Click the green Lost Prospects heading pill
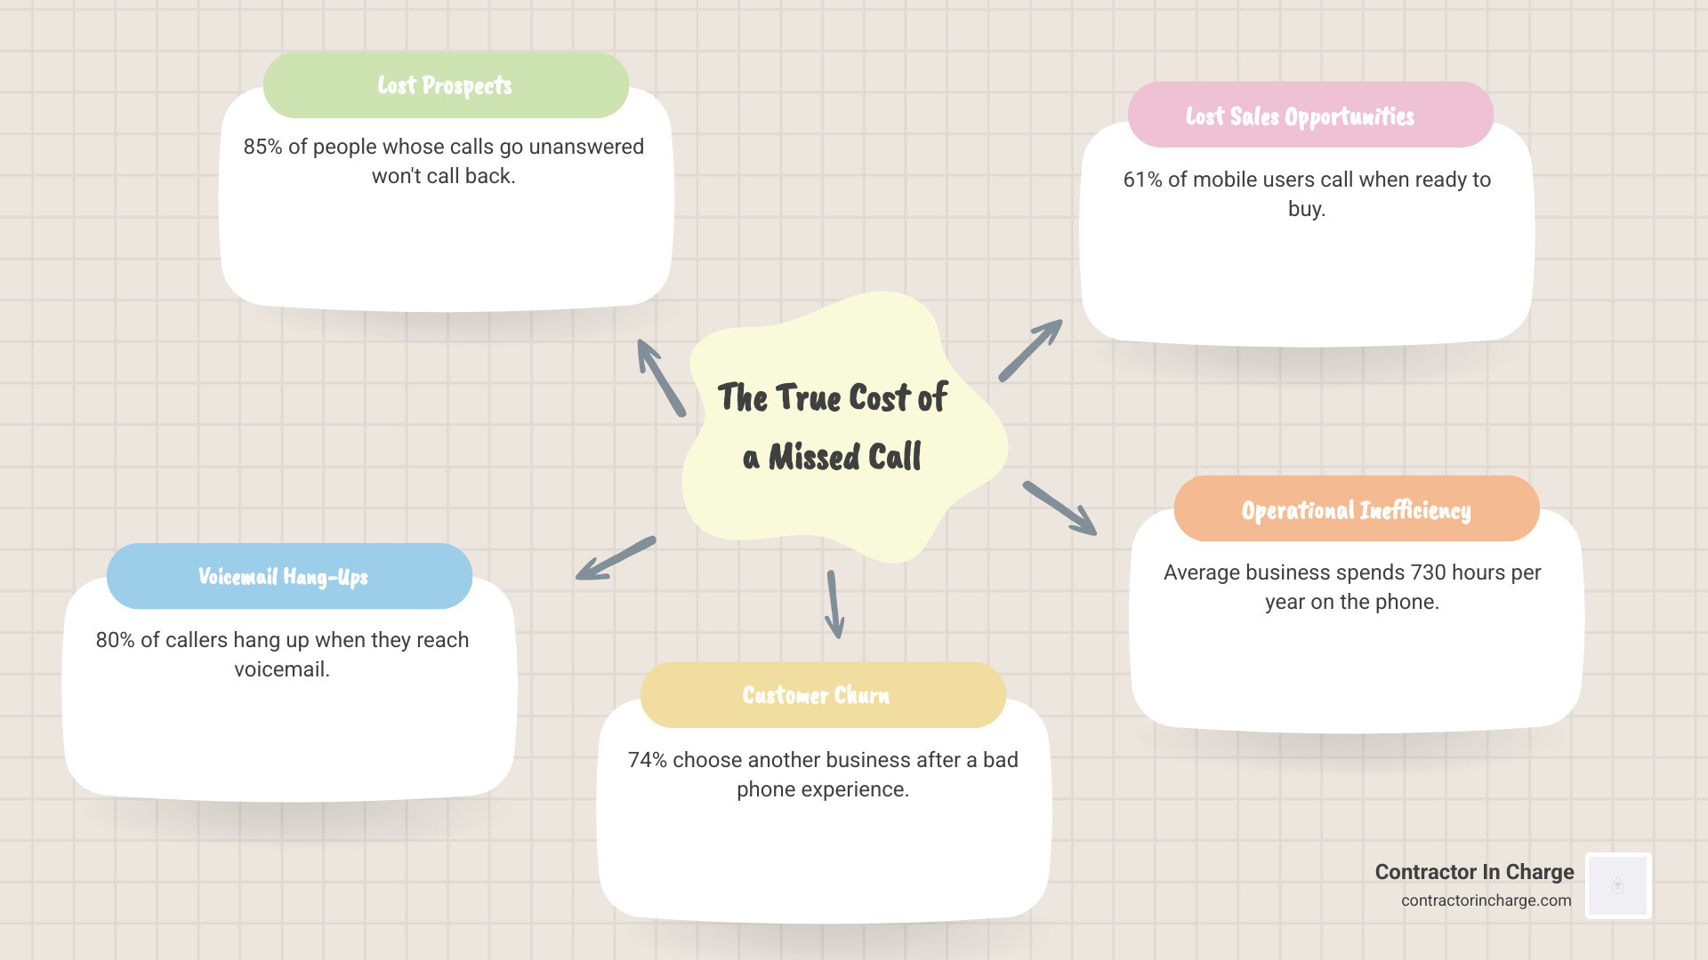(446, 85)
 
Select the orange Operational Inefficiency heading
(1356, 510)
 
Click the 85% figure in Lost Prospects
(262, 147)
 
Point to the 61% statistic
(1142, 180)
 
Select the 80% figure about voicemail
(115, 640)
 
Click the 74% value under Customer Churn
(647, 760)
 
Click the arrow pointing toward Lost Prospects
(661, 378)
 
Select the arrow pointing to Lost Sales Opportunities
(1030, 350)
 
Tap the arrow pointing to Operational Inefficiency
(1059, 508)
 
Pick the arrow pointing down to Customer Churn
(834, 604)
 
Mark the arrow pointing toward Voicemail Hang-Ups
(616, 558)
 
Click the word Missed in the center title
(814, 457)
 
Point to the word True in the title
(809, 397)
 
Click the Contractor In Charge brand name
(1474, 872)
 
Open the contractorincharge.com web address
(1486, 900)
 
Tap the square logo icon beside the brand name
(1618, 885)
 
